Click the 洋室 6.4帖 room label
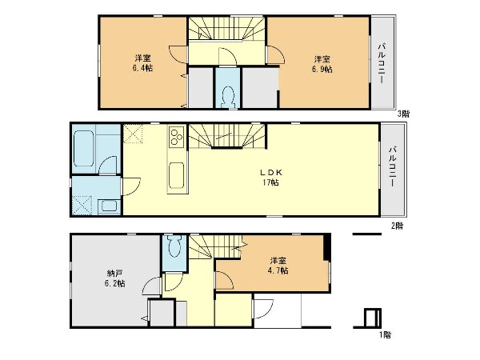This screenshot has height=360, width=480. [143, 62]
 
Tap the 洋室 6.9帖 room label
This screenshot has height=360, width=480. [322, 64]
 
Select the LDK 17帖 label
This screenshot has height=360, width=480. [270, 178]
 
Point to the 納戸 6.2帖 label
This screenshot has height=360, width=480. [114, 278]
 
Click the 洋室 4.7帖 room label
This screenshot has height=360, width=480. [278, 266]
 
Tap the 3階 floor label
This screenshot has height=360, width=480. [403, 114]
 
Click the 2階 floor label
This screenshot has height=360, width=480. [397, 226]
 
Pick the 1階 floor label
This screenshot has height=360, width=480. [385, 335]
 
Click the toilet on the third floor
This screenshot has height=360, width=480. [227, 97]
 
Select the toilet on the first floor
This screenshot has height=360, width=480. [174, 246]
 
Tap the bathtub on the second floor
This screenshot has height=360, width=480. [83, 149]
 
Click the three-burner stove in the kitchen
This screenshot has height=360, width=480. [176, 137]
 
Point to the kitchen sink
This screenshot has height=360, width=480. [176, 175]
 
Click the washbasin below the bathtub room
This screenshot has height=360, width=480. [110, 206]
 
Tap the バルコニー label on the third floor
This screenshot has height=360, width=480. [382, 63]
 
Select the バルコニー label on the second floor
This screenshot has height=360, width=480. [393, 167]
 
